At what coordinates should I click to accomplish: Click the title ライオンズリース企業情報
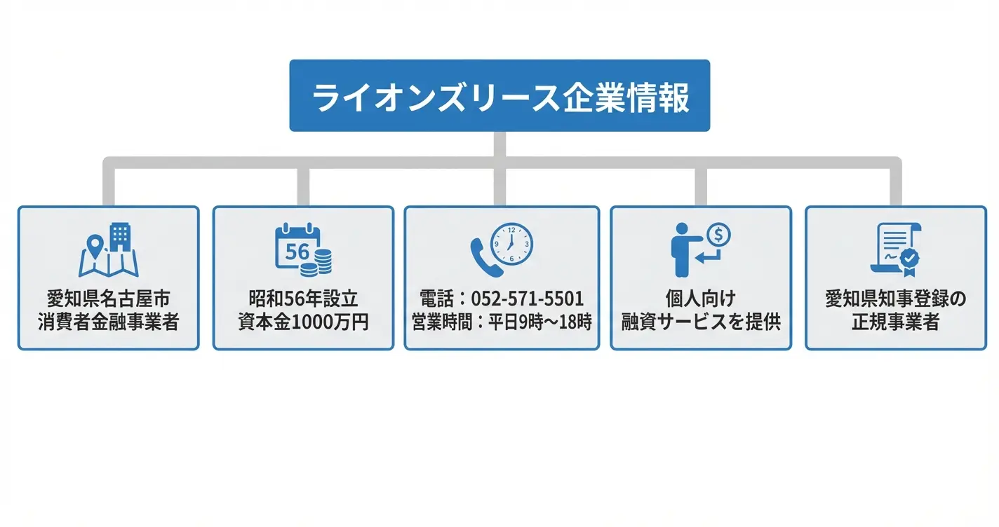tap(500, 97)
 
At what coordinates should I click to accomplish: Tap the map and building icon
tap(108, 250)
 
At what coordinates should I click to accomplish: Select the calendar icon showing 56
tap(297, 247)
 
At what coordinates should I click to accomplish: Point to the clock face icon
tap(511, 245)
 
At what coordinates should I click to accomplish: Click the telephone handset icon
tap(485, 258)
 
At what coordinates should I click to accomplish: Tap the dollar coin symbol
tap(718, 234)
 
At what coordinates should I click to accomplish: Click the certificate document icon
tap(895, 250)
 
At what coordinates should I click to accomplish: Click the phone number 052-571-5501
tap(527, 299)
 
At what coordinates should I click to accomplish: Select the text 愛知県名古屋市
tap(108, 299)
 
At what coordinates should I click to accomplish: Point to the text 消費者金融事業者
tap(108, 322)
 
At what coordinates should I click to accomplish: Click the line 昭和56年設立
tap(303, 299)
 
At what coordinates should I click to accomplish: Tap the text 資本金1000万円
tap(303, 322)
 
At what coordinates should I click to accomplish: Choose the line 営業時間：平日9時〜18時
tap(502, 322)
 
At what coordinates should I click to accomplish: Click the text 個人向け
tap(701, 299)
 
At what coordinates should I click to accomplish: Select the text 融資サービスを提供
tap(701, 322)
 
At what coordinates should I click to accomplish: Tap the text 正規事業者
tap(896, 322)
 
